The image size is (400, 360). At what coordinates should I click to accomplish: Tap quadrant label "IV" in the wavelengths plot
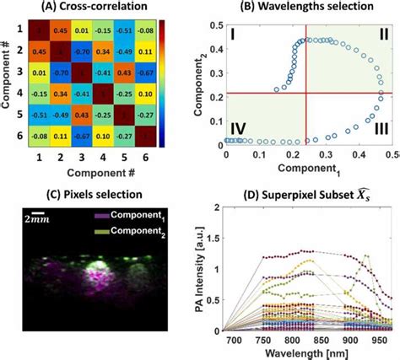[239, 128]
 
